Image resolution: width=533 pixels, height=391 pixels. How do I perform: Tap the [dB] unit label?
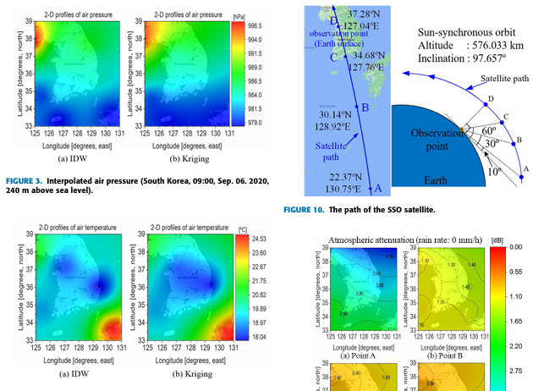tap(499, 240)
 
